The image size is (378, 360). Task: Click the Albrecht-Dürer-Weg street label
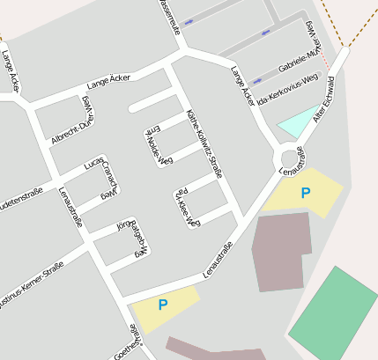tap(70, 120)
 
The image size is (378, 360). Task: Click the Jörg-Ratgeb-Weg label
tap(130, 238)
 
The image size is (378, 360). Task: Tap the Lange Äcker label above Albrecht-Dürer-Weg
tap(108, 83)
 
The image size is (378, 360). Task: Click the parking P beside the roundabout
tap(305, 193)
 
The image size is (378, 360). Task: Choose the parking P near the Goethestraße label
tap(162, 305)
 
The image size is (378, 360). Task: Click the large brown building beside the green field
tap(281, 251)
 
